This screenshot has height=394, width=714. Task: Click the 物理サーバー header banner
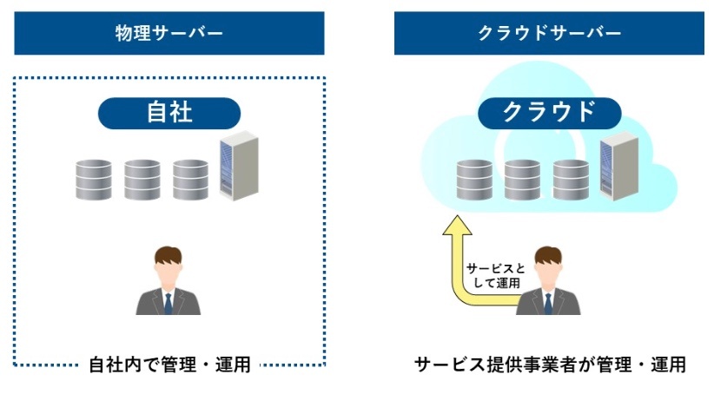coord(169,33)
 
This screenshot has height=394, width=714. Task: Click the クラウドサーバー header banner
coord(549,33)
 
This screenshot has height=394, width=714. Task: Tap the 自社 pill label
coord(169,114)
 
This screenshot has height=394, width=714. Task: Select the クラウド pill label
coord(549,114)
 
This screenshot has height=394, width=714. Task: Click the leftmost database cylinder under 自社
coord(94,180)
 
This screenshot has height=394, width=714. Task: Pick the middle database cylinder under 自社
coord(142,180)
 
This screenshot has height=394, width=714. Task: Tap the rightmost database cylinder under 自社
coord(190,180)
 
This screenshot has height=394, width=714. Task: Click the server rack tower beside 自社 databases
coord(239,166)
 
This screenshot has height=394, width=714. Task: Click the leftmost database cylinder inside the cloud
coord(474,180)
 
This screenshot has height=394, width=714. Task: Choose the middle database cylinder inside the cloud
coord(522,180)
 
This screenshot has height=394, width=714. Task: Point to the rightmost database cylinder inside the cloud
coord(571,180)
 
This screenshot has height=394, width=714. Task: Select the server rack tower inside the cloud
coord(618,166)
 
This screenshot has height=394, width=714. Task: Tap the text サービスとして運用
coord(496,276)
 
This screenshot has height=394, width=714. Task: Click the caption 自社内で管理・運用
coord(169,364)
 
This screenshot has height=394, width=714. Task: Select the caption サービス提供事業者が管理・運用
coord(550,364)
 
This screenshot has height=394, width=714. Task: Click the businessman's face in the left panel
coord(168,273)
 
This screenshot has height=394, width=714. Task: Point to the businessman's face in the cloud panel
coord(548,273)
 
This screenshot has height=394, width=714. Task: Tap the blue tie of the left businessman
coord(168,304)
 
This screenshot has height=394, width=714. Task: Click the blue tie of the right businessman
coord(548,304)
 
